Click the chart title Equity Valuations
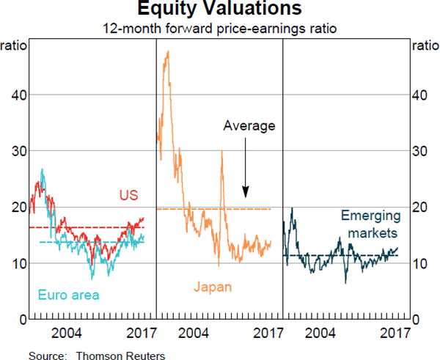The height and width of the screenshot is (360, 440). [x=220, y=10]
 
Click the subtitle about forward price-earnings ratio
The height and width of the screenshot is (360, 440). [x=220, y=29]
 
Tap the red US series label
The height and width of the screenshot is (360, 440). [x=128, y=195]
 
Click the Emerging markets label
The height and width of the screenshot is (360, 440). [x=370, y=224]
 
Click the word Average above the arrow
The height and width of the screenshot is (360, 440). [x=249, y=125]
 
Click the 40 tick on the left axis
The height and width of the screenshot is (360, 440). [x=14, y=95]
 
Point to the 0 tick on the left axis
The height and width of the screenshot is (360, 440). [x=18, y=319]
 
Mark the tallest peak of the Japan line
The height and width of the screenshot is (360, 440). [x=168, y=51]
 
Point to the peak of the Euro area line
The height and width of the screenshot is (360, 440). [x=43, y=169]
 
